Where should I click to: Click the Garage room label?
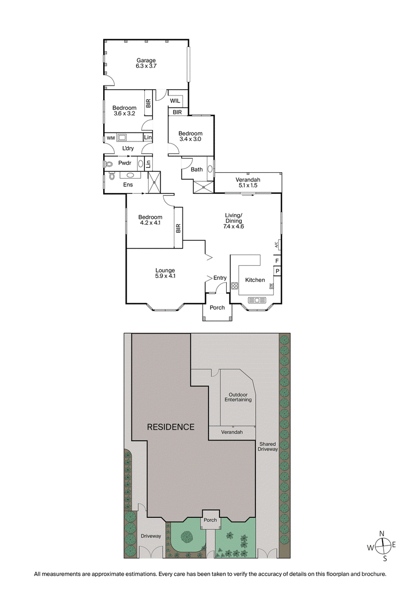[146, 61]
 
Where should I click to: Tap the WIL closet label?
[175, 100]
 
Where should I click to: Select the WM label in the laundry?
[111, 138]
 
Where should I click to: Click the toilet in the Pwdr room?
[109, 163]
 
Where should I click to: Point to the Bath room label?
[197, 169]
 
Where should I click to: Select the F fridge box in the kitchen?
[277, 260]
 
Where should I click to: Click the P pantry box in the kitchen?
[277, 271]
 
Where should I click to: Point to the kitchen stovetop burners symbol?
[235, 286]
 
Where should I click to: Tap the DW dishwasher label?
[271, 286]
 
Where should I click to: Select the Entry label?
[220, 278]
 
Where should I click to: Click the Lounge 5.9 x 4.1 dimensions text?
[165, 276]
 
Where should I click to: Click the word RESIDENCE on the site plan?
[170, 427]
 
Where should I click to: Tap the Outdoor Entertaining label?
[238, 397]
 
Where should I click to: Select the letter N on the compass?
[382, 533]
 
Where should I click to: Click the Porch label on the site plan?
[210, 519]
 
